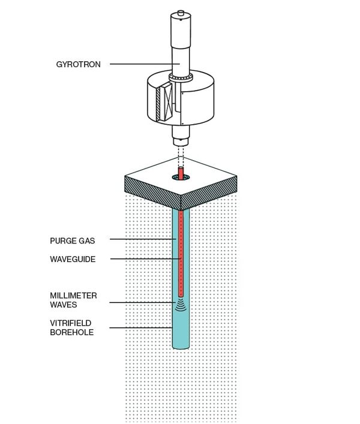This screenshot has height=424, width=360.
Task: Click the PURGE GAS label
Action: tap(72, 240)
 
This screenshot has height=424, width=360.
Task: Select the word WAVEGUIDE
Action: tap(73, 259)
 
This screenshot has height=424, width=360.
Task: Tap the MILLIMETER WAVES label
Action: tap(73, 300)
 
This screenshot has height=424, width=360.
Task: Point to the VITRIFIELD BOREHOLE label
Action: tap(72, 327)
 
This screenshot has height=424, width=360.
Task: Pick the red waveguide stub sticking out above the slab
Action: tap(180, 173)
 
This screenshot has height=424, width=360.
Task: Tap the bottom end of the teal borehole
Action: tap(180, 347)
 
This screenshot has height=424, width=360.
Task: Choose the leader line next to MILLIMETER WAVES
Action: tap(144, 302)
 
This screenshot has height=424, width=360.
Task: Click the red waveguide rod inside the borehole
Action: tap(180, 258)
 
